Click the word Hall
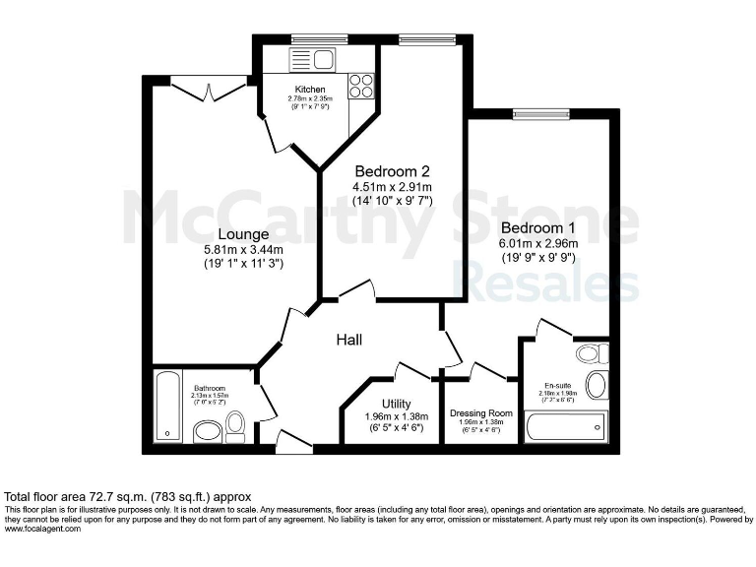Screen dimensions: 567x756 tap(349, 340)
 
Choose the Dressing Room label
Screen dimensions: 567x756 tap(481, 413)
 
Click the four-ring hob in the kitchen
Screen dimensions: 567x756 tap(360, 86)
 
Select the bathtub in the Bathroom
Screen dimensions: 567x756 tap(167, 406)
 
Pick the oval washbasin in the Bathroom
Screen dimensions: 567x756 tap(208, 431)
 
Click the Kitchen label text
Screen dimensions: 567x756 tap(310, 90)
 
